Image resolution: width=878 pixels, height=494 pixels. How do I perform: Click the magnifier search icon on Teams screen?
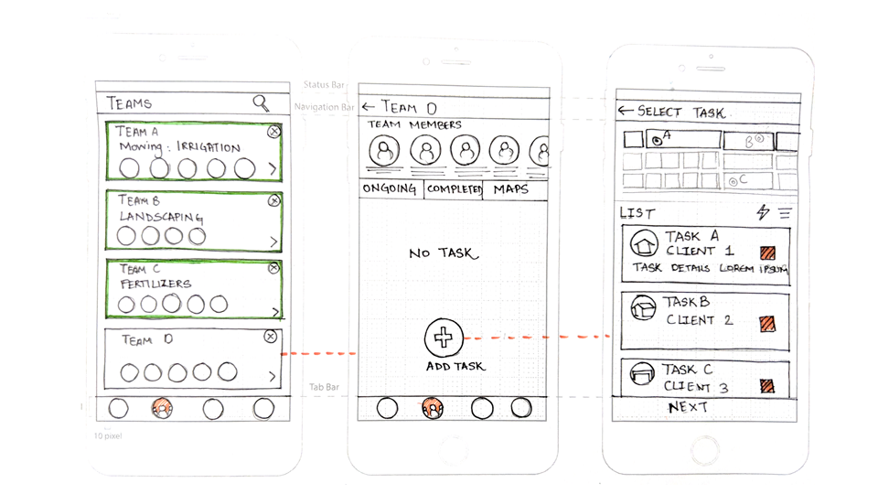(x=262, y=103)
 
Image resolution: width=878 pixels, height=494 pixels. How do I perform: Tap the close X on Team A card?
(x=273, y=132)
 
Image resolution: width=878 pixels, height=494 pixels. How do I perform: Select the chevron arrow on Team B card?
(x=273, y=242)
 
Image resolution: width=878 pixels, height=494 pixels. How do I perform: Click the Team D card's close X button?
(x=270, y=337)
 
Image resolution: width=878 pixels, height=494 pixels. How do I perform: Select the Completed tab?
(x=454, y=189)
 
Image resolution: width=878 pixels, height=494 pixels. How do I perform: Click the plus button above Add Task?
(x=444, y=338)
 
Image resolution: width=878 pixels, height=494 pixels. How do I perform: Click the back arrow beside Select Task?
(x=626, y=112)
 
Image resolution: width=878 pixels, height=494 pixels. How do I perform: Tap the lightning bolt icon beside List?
(x=763, y=212)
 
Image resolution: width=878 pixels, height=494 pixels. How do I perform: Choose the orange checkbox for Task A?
(x=767, y=252)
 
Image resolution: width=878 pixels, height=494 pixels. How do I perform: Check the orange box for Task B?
(x=767, y=323)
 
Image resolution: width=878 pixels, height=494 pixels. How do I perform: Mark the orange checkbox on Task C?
(x=767, y=387)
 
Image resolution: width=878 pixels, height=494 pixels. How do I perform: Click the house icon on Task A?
(x=645, y=244)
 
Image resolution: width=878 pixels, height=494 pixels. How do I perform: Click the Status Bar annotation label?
(x=322, y=85)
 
